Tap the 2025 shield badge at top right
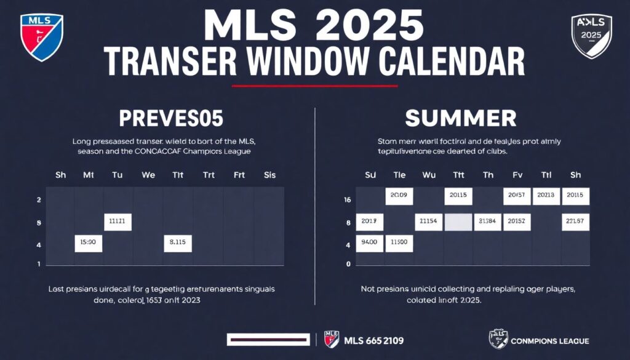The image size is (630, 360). point(591,36)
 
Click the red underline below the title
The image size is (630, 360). point(315,86)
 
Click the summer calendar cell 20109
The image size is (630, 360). point(399,196)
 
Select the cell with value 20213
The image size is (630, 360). point(545,196)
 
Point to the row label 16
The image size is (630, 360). point(348,200)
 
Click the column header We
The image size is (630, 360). point(148,175)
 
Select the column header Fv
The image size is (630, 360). point(517,175)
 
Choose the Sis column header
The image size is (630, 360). point(269,175)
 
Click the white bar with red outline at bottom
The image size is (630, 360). point(268,340)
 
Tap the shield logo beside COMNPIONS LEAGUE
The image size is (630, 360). point(498,340)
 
